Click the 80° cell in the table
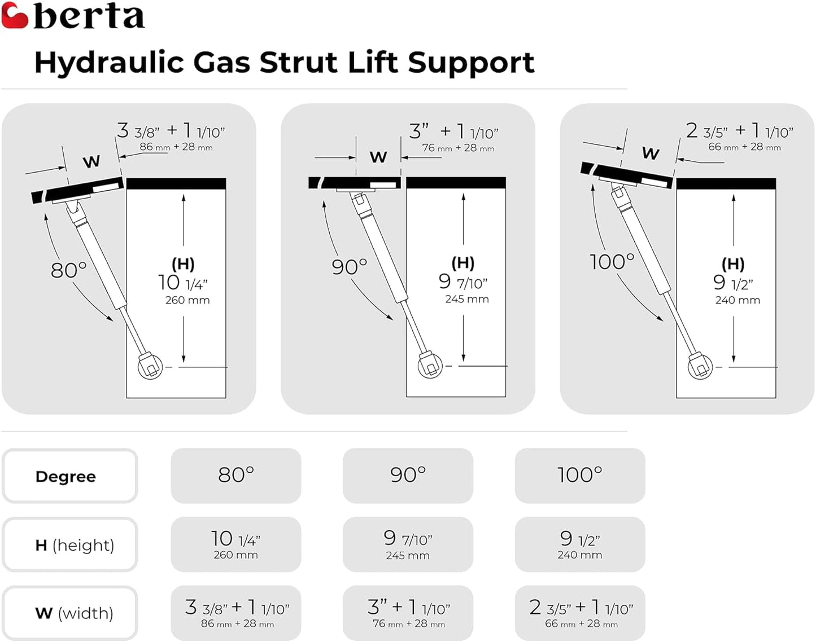(x=236, y=476)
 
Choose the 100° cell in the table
(x=580, y=476)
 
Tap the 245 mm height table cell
(x=408, y=545)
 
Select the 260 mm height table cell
(x=236, y=545)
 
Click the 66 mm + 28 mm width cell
(x=580, y=613)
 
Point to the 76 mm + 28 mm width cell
(x=408, y=613)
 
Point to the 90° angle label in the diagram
(x=349, y=267)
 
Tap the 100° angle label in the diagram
(x=612, y=262)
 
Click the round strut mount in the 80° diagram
(x=150, y=368)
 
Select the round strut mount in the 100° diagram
(x=700, y=368)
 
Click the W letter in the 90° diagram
(x=378, y=157)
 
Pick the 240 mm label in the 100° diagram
(x=738, y=301)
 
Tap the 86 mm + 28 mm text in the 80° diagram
(x=176, y=147)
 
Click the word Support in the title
(x=471, y=63)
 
